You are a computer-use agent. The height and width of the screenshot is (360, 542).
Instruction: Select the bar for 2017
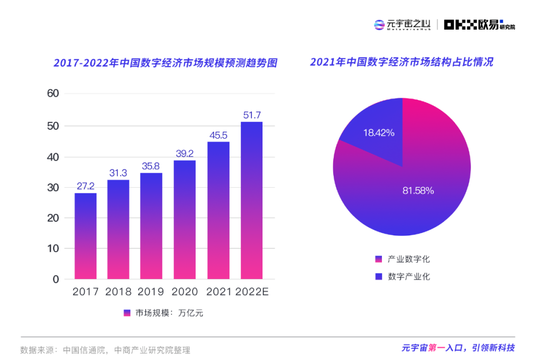click(x=85, y=236)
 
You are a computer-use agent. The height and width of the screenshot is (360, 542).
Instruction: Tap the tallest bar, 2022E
click(x=251, y=200)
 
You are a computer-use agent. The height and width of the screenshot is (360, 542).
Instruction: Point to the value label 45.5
click(x=218, y=135)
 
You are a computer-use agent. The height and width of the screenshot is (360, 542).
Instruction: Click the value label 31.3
click(x=118, y=173)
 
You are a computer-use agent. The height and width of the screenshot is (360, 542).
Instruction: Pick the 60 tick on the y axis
click(x=53, y=93)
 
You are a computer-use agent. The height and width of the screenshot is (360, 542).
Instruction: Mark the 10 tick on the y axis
click(x=53, y=249)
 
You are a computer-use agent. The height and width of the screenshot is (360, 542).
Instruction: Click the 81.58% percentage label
click(x=418, y=191)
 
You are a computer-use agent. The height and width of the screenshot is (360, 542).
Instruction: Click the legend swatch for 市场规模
click(x=127, y=313)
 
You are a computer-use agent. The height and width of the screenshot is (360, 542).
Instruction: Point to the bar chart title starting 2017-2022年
click(x=166, y=63)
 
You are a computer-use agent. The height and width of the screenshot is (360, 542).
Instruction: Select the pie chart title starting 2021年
click(x=401, y=62)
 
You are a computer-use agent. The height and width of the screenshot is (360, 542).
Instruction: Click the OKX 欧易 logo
click(x=479, y=25)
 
